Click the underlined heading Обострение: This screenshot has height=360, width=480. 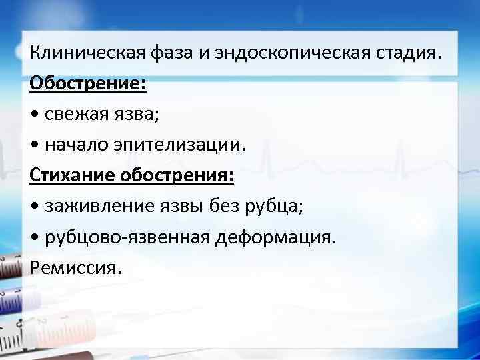click(x=88, y=84)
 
